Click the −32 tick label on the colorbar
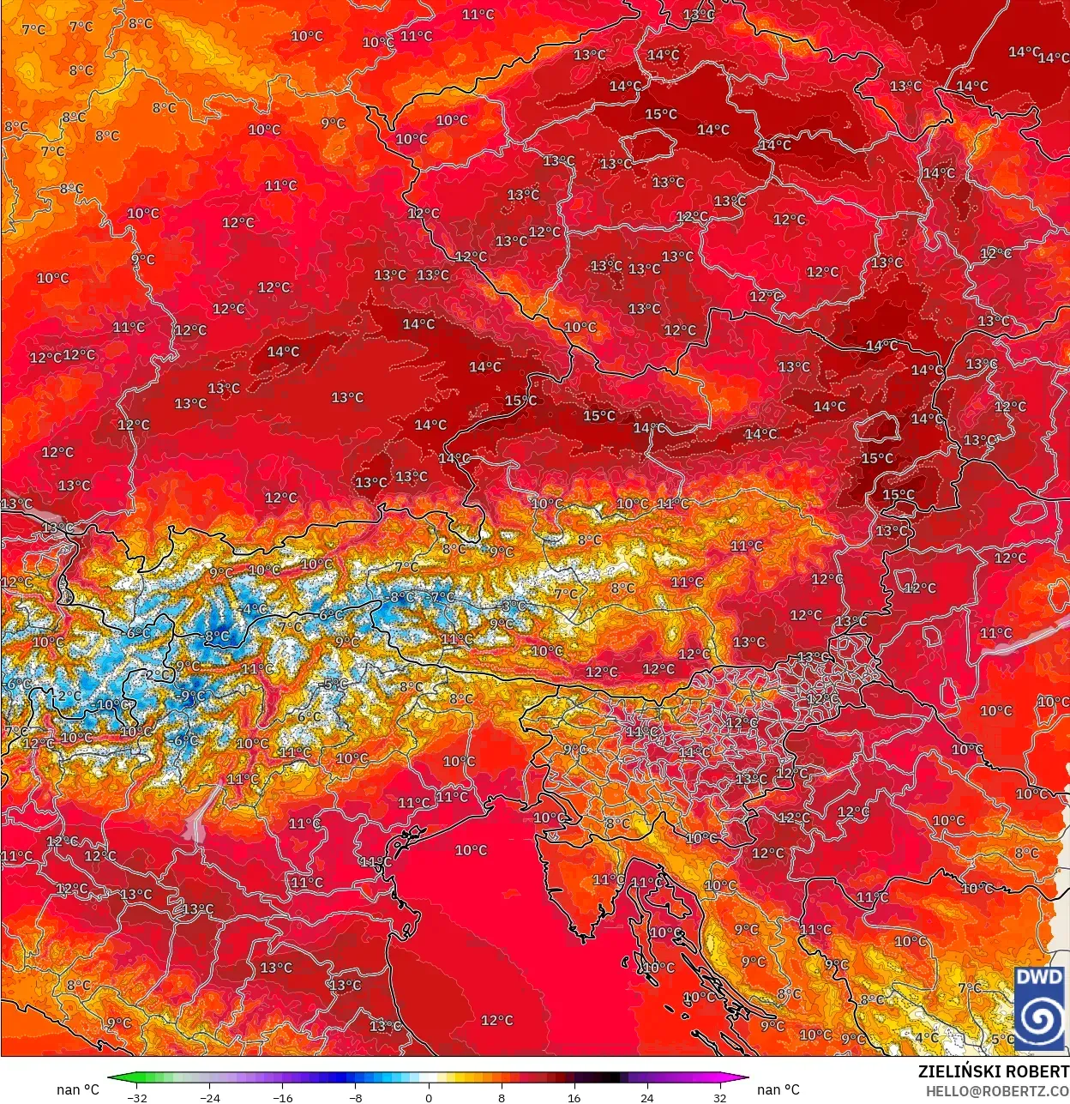[136, 1097]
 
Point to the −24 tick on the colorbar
[209, 1097]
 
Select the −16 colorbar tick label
[282, 1097]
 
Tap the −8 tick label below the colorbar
[356, 1097]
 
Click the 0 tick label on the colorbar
[429, 1097]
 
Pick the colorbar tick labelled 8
[502, 1097]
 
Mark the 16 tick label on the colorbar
[574, 1097]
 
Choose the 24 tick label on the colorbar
[646, 1097]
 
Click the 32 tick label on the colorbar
[719, 1097]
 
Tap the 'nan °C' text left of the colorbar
[78, 1089]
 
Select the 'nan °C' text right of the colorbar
[778, 1089]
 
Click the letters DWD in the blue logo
[1039, 977]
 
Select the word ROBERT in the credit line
[1037, 1071]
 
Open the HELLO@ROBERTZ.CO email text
[997, 1090]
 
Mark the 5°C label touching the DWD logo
[1001, 1039]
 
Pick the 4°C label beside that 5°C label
[927, 1037]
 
